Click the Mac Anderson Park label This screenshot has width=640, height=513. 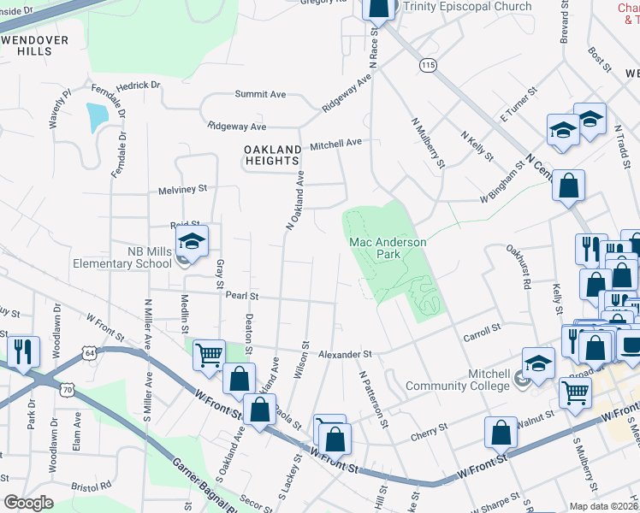click(388, 248)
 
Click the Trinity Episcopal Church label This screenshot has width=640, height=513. click(467, 7)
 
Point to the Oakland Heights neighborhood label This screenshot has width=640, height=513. click(272, 155)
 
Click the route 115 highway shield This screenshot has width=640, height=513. click(429, 65)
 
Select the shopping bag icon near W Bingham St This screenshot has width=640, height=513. click(568, 186)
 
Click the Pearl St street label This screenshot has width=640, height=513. click(242, 297)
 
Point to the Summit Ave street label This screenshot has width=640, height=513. click(266, 95)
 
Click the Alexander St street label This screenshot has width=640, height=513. click(346, 354)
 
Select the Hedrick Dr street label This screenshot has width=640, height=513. click(139, 85)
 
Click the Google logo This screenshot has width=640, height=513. click(29, 503)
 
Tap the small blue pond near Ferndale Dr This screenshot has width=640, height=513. click(98, 115)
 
